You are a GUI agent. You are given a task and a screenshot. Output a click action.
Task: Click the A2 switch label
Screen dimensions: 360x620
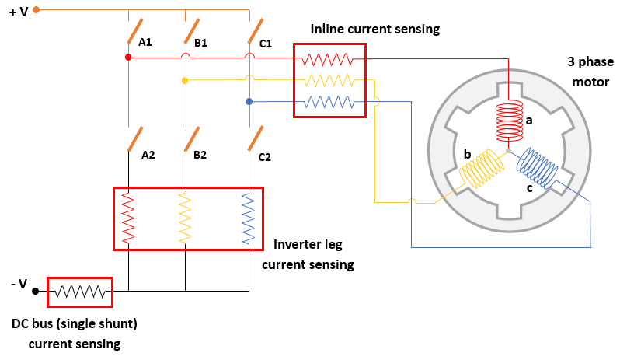(x=148, y=155)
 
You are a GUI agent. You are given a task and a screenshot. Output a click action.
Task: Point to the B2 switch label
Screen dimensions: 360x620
(x=200, y=155)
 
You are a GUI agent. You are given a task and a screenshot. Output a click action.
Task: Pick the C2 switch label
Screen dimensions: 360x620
(x=264, y=156)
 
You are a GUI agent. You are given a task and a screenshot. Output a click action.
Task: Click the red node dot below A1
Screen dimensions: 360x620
(x=127, y=58)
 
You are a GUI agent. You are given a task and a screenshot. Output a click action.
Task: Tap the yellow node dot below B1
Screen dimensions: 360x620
(x=185, y=80)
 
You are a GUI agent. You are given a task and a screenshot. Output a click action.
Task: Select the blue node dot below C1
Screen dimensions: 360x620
(x=249, y=102)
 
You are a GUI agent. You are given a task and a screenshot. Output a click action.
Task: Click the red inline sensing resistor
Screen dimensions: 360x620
(x=328, y=58)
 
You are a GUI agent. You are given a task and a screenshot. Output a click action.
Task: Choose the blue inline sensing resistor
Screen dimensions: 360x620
(x=328, y=102)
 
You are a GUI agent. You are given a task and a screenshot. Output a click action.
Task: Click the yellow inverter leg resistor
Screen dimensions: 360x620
(x=185, y=218)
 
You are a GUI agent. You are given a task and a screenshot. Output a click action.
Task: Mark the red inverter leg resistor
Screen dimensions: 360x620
(x=127, y=218)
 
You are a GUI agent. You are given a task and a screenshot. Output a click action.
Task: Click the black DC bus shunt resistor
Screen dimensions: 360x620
(x=80, y=292)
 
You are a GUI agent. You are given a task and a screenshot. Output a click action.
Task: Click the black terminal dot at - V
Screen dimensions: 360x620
(x=36, y=292)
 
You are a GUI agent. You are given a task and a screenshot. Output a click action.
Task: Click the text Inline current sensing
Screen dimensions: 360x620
(x=374, y=29)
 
